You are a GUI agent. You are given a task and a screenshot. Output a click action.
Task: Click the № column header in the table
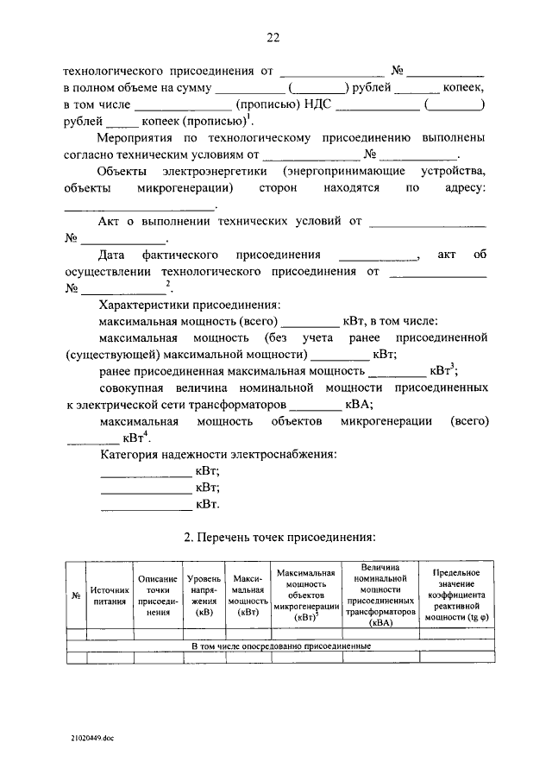[x=75, y=595]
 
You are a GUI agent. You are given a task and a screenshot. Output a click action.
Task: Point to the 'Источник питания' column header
[x=110, y=595]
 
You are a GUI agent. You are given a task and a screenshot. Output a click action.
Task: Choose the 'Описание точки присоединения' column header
[x=157, y=595]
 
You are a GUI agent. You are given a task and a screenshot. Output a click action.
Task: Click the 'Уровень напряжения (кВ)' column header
[x=204, y=595]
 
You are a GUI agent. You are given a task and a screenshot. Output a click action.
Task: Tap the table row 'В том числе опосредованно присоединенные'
[x=280, y=646]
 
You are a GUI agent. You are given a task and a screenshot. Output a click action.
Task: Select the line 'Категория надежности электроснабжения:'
[x=218, y=454]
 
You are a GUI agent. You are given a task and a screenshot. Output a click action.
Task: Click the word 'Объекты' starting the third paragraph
[x=125, y=171]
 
